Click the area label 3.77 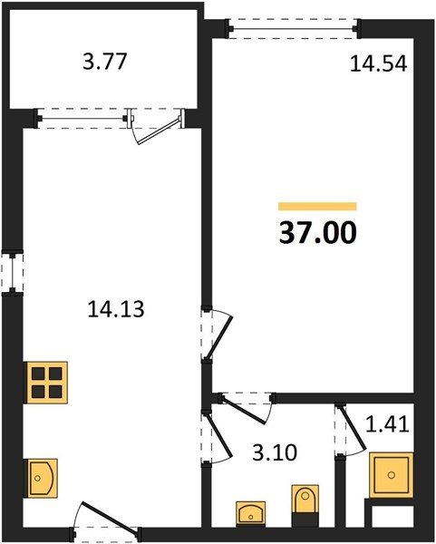pyautogui.click(x=105, y=62)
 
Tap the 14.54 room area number pyautogui.click(x=378, y=64)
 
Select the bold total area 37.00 pyautogui.click(x=318, y=232)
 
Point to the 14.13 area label pyautogui.click(x=116, y=309)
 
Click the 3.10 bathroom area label pyautogui.click(x=275, y=452)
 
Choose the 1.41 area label pyautogui.click(x=387, y=424)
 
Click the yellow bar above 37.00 pyautogui.click(x=317, y=207)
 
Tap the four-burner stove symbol pyautogui.click(x=45, y=383)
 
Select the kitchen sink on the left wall pyautogui.click(x=41, y=479)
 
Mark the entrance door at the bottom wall pyautogui.click(x=106, y=519)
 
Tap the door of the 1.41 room pyautogui.click(x=350, y=431)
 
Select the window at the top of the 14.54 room pyautogui.click(x=294, y=29)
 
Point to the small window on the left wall pyautogui.click(x=13, y=273)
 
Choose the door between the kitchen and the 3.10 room pyautogui.click(x=217, y=437)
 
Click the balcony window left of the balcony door pyautogui.click(x=82, y=119)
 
